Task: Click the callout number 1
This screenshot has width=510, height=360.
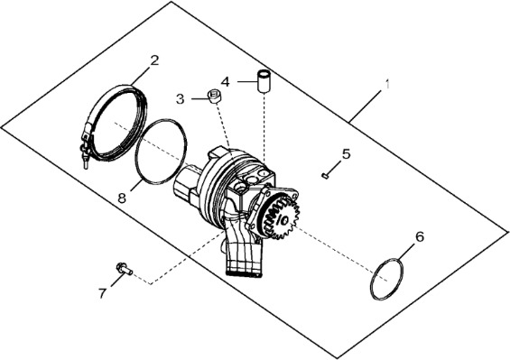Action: click(387, 84)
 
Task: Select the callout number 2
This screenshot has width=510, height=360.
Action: click(154, 60)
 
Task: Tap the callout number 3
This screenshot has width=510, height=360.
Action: click(181, 99)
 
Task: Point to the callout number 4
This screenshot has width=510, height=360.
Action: click(225, 82)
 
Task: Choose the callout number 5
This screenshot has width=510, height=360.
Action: click(347, 153)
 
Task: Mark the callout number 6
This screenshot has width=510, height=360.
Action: click(420, 236)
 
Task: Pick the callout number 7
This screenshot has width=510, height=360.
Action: click(103, 293)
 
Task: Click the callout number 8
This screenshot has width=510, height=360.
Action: click(122, 198)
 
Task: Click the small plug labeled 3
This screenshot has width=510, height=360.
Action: click(214, 97)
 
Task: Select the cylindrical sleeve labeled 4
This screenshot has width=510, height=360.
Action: click(265, 80)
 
